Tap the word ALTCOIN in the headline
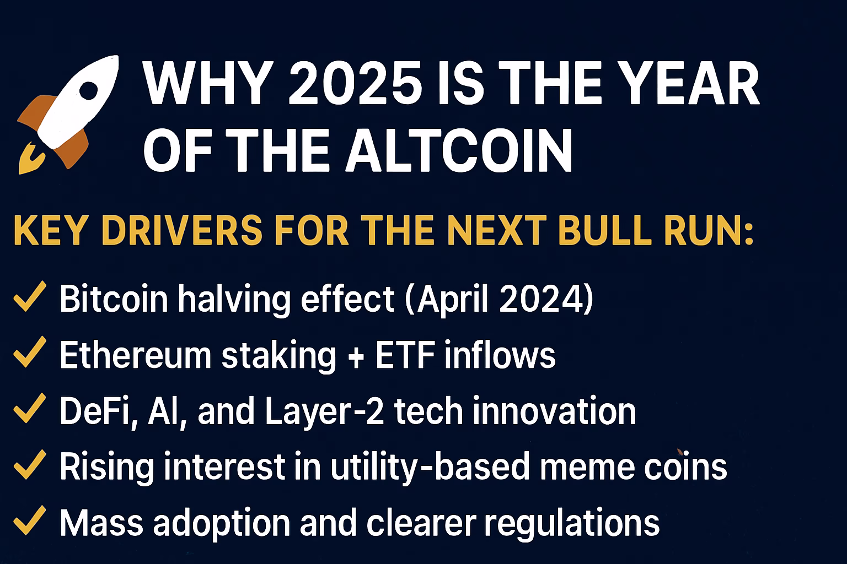tap(459, 150)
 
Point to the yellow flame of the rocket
tap(31, 159)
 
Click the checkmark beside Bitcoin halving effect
tap(30, 296)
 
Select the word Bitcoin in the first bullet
tap(114, 299)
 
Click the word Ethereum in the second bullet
tap(135, 355)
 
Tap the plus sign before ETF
tap(356, 356)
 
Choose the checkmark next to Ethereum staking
tap(30, 352)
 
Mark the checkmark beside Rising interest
tap(30, 464)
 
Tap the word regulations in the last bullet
tap(572, 524)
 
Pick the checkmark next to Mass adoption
tap(30, 520)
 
